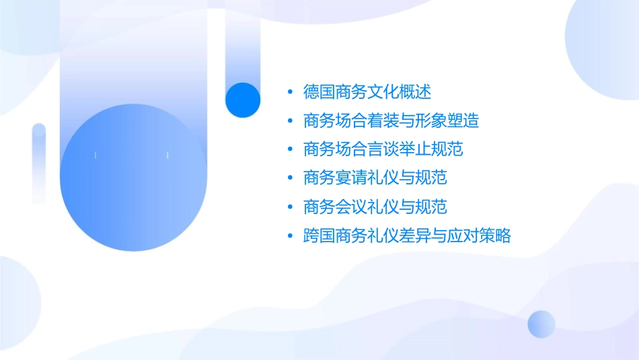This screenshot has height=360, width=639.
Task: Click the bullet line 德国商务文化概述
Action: [x=367, y=92]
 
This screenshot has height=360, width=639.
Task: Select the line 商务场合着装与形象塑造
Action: [x=391, y=120]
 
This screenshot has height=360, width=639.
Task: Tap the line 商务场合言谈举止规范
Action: [x=383, y=149]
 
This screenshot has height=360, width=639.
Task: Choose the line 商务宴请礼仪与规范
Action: [x=375, y=178]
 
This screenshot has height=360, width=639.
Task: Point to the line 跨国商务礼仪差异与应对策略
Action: [x=407, y=236]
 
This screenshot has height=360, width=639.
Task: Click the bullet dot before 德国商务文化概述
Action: [x=289, y=92]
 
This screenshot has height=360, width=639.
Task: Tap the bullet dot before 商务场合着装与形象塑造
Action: [x=289, y=121]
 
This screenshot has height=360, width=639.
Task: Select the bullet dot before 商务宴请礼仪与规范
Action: [x=289, y=179]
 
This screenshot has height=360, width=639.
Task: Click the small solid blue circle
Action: [x=243, y=100]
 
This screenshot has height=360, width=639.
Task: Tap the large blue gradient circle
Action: [x=133, y=177]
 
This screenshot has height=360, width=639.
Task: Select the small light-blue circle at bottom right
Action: [x=541, y=324]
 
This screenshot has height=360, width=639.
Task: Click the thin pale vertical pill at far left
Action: [x=39, y=163]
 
